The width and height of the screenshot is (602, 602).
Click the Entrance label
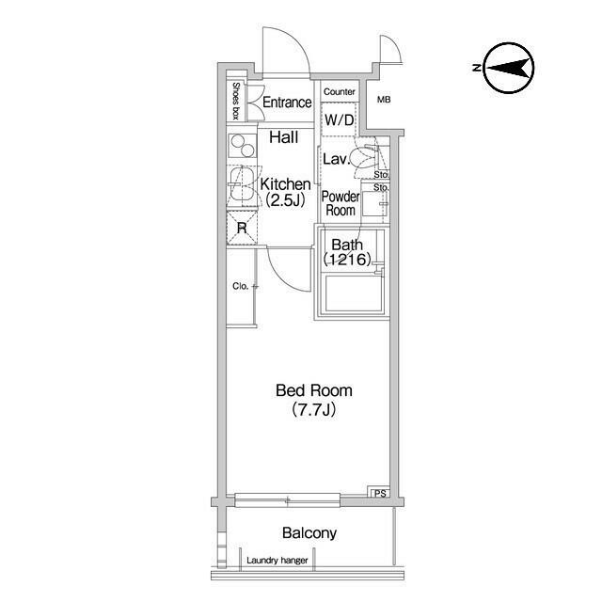coord(287,103)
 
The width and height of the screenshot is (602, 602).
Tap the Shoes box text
coord(236,101)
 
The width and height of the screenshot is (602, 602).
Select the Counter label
coord(339,92)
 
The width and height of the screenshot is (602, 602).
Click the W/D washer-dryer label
coord(339,120)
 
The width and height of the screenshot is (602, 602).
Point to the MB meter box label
coord(384,100)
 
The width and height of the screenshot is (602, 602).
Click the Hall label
coord(284,137)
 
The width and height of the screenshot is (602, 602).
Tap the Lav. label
coord(337,159)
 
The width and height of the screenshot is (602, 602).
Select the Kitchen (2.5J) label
coord(285,192)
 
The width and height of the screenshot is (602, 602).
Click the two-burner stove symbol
coord(243,146)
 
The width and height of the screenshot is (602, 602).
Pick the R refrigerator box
coord(242,228)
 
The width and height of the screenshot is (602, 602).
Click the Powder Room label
coord(341,203)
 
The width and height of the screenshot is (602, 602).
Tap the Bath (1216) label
coord(347,252)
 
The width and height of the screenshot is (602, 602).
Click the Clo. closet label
coord(241,286)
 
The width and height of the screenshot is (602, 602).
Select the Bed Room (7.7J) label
coord(314,400)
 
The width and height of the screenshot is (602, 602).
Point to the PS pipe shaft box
coord(380,493)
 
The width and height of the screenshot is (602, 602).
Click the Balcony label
coord(309,533)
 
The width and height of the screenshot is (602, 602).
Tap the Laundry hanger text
coord(277,561)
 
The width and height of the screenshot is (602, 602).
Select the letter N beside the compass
coord(477,68)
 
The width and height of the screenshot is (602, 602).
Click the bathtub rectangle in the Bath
coord(353,293)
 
